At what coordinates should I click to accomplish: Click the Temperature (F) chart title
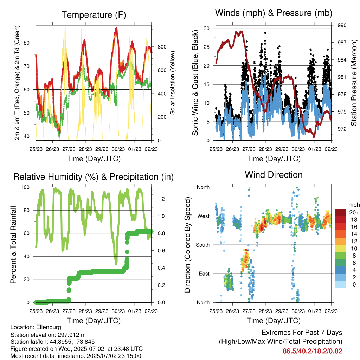pos(94,15)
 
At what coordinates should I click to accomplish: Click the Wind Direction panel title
pos(274,175)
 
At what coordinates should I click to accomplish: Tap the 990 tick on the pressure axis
pos(342,25)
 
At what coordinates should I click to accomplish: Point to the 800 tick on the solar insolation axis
pos(162,47)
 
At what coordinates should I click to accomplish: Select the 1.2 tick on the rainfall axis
pos(161,199)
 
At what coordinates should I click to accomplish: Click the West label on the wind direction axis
pos(204,216)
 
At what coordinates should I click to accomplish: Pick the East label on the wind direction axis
pos(204,274)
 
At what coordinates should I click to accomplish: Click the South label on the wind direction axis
pos(203,245)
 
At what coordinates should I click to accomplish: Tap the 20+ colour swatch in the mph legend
pos(340,212)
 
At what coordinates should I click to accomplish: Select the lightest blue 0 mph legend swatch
pos(340,284)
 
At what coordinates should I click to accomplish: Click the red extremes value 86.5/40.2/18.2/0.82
pos(312,351)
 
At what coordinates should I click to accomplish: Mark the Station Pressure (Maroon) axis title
pos(354,83)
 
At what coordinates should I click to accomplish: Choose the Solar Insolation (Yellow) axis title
pos(172,83)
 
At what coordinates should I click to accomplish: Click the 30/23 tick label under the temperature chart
pos(118,149)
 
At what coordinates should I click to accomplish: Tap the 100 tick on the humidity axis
pos(25,187)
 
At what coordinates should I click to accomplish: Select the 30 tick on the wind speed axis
pos(207,28)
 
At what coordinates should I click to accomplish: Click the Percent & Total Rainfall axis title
pos(13,245)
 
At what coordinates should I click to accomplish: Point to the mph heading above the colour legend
pos(354,205)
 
